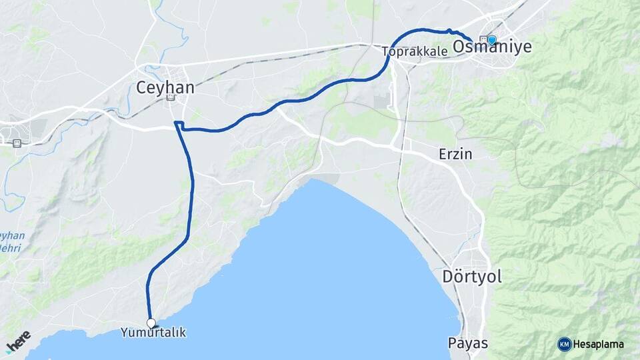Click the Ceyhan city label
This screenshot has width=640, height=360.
tap(165, 87)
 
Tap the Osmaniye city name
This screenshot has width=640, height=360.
tap(492, 47)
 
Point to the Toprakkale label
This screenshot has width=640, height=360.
tap(415, 51)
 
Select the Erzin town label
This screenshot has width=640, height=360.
tap(455, 154)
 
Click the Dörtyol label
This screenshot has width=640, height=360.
tap(472, 276)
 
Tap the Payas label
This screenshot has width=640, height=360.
tap(468, 343)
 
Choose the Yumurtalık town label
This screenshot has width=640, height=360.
tap(153, 332)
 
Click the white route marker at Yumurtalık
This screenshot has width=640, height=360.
tap(151, 323)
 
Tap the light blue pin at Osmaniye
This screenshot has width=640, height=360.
tap(492, 40)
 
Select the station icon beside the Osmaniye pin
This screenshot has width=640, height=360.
tap(483, 39)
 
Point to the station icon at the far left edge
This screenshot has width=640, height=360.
tap(17, 142)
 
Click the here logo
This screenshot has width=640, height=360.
tap(18, 341)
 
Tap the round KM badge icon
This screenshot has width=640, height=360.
tap(564, 344)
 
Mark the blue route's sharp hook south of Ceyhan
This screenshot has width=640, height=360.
tap(177, 123)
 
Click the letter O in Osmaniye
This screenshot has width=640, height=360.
tap(459, 47)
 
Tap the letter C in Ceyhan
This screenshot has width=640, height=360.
tap(141, 87)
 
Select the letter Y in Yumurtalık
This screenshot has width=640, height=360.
tap(125, 332)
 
